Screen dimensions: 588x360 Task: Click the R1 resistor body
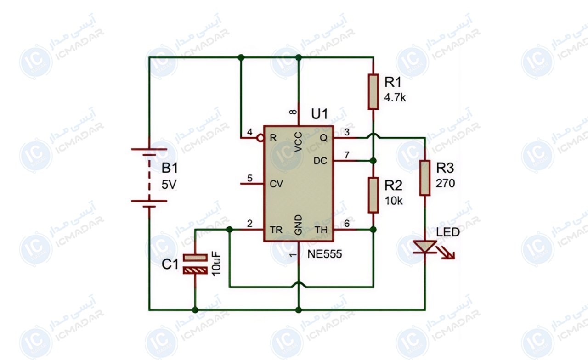[373, 91]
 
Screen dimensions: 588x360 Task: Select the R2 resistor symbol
[373, 195]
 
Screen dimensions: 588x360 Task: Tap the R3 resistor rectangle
[425, 178]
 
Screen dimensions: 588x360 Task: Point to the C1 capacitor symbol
[195, 264]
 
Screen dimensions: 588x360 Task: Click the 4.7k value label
[395, 98]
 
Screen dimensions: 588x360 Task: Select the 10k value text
[394, 201]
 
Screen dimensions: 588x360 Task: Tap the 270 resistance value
[445, 183]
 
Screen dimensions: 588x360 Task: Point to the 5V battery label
[169, 185]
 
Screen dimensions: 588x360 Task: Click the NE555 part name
[324, 254]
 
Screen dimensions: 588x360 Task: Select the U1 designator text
[319, 114]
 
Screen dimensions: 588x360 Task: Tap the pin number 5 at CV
[249, 178]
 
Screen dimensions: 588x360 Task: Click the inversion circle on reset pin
[260, 138]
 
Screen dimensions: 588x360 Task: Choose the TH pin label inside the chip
[321, 230]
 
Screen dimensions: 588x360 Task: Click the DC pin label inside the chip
[321, 161]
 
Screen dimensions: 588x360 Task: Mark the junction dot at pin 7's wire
[373, 161]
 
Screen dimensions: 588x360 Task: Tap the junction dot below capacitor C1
[195, 310]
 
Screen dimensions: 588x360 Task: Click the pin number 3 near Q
[347, 132]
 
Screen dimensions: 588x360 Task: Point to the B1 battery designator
[170, 168]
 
